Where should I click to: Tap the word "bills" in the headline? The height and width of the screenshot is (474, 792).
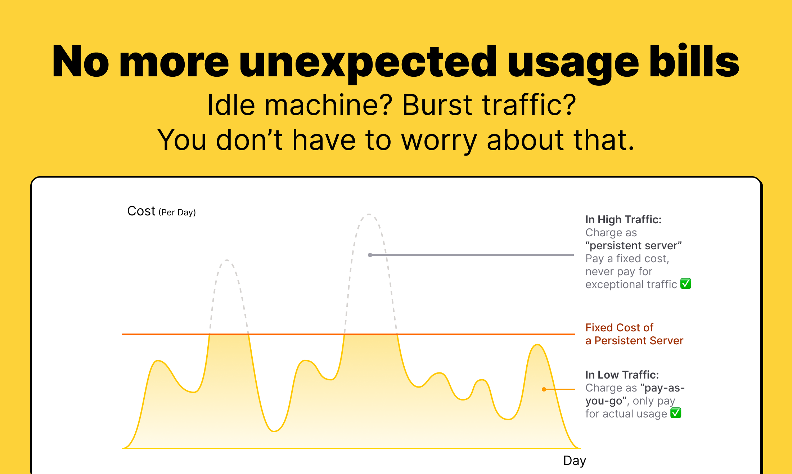(694, 61)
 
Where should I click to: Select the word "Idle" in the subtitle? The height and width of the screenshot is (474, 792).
(231, 105)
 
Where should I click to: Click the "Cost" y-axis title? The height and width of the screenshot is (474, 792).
(141, 211)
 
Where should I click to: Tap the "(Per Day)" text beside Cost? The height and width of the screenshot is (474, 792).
(177, 213)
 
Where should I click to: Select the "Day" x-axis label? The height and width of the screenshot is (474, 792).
(575, 461)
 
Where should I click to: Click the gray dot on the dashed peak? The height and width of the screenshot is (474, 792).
(370, 255)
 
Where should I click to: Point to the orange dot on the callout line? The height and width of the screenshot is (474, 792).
(544, 389)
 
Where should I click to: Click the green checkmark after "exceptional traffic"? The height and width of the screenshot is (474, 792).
(686, 284)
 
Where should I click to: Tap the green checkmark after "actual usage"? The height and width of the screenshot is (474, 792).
(676, 413)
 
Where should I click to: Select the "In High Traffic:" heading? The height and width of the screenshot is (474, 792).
(624, 219)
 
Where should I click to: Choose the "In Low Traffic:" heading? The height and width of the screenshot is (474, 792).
(622, 375)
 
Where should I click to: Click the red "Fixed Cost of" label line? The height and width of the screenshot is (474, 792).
(619, 327)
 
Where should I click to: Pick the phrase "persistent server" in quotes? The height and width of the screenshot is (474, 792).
(634, 246)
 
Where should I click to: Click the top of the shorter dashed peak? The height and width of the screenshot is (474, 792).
(227, 260)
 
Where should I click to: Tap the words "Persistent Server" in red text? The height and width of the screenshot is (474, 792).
(639, 341)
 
